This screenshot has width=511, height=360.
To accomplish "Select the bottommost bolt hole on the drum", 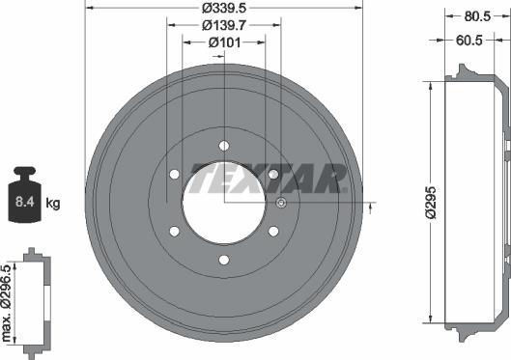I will (223, 261).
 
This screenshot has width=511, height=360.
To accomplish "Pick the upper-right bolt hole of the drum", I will (273, 175).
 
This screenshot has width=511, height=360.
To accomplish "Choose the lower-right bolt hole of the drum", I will (273, 232).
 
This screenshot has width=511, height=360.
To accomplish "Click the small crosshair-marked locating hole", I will (280, 203).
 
